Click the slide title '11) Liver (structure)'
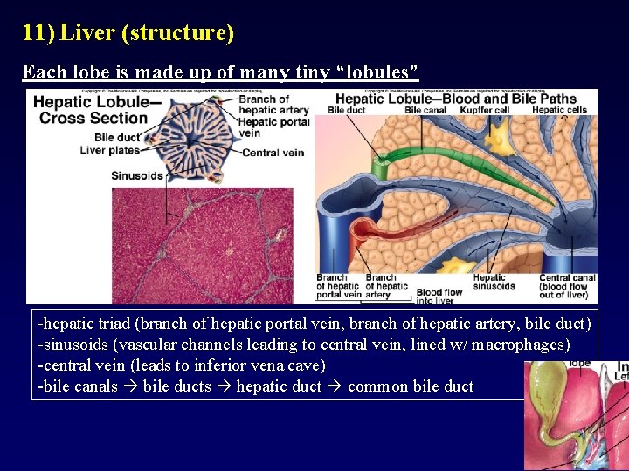128,33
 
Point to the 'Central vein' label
273,153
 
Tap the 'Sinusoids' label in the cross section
137,175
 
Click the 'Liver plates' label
110,150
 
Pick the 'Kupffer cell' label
483,110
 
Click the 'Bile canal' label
425,110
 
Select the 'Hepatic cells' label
559,110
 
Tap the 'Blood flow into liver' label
439,297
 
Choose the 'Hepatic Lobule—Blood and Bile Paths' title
456,98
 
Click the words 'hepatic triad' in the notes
84,324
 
